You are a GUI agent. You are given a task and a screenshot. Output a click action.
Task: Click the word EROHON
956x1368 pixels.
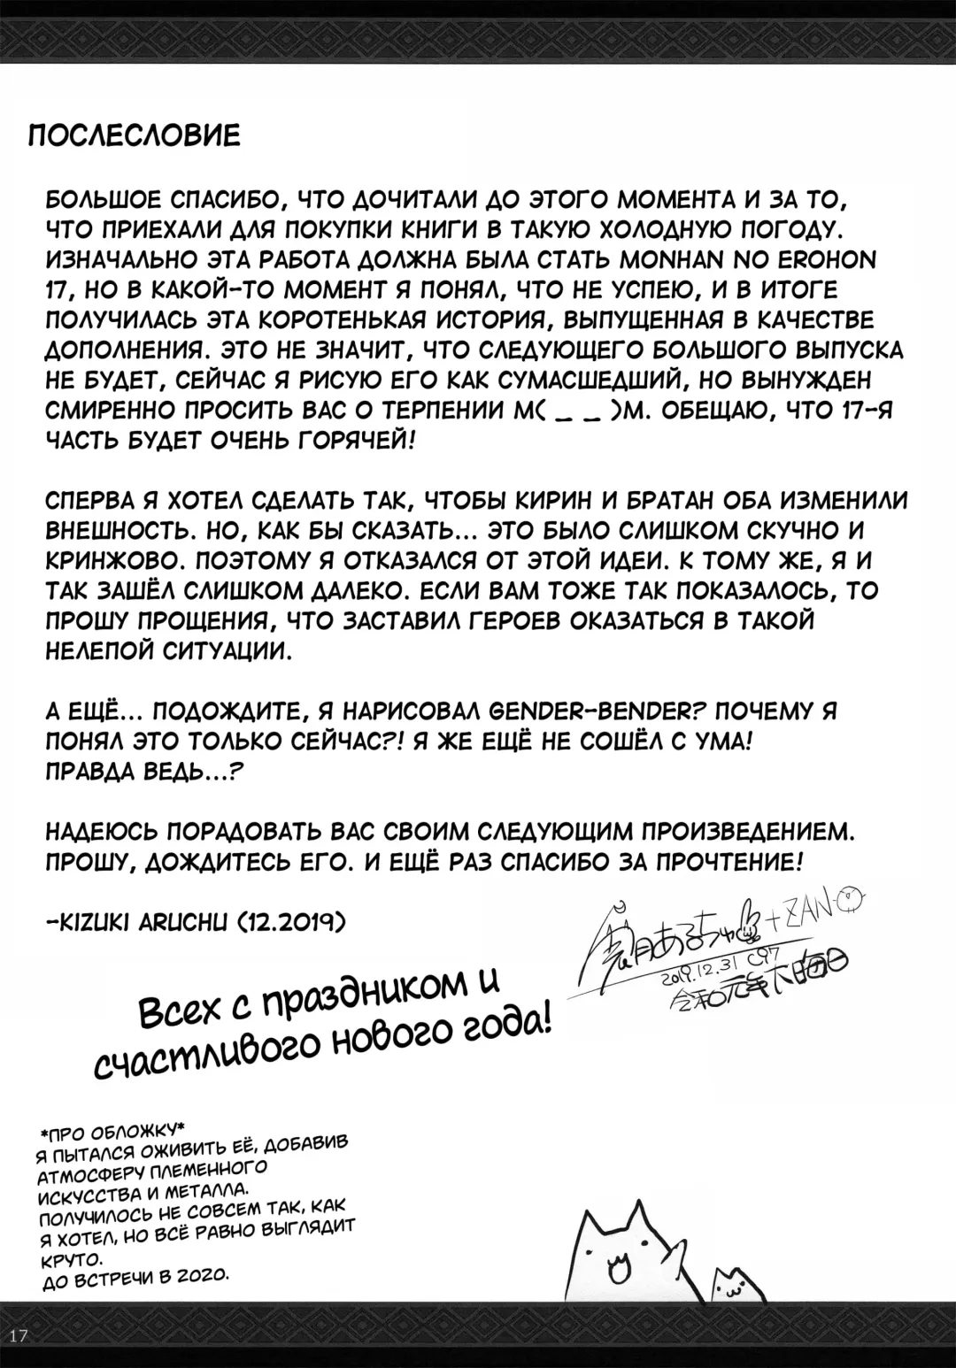pos(819,263)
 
